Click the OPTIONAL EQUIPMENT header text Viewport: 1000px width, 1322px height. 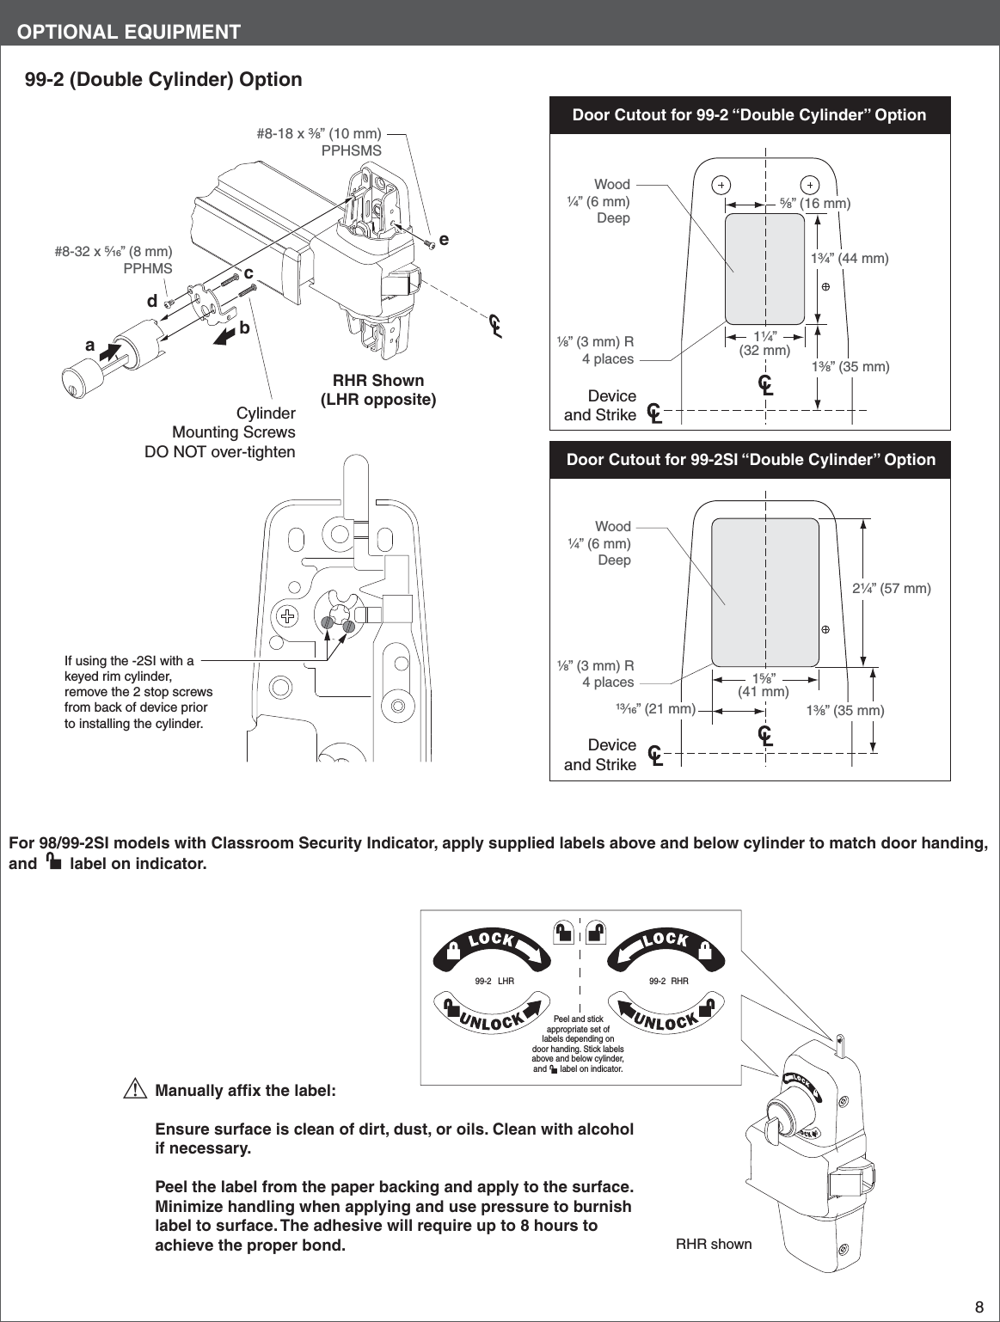tap(129, 32)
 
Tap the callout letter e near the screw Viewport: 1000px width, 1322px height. tap(444, 240)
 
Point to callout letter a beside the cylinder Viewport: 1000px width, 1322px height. tap(89, 345)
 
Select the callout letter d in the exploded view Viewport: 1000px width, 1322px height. tap(152, 301)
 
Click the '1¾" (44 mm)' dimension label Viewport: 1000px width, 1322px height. tap(850, 258)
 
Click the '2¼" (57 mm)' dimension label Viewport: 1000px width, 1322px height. tap(891, 589)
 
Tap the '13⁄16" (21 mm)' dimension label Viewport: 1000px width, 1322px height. tap(655, 708)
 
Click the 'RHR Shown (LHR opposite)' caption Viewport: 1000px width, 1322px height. tap(378, 390)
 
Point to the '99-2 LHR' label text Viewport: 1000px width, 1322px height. tap(494, 981)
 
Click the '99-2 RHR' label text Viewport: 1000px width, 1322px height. tap(668, 981)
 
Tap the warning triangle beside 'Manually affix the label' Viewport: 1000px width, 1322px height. tap(134, 1090)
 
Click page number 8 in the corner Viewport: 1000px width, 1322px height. tap(979, 1307)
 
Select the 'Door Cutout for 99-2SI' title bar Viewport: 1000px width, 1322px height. tap(750, 460)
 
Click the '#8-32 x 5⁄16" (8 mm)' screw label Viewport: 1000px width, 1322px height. tap(113, 260)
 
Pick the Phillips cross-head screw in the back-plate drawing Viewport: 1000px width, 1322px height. tap(288, 615)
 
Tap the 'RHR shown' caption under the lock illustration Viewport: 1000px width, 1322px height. tap(713, 1244)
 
